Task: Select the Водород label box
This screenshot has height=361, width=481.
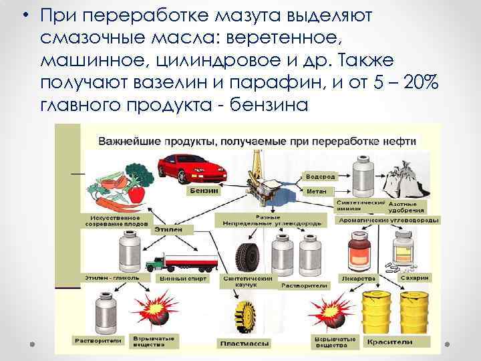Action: click(x=319, y=177)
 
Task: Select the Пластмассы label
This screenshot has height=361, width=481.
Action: click(x=243, y=344)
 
